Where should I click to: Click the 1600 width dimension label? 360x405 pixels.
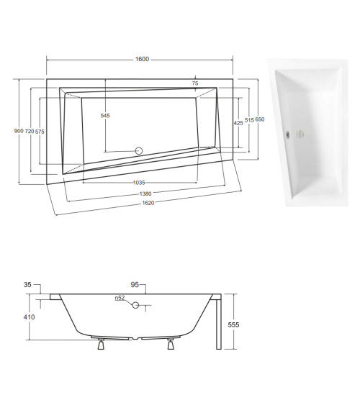(141, 59)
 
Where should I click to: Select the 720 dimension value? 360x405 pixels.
(30, 131)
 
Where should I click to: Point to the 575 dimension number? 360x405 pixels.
(40, 131)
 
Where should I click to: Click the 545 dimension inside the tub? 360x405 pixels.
(105, 116)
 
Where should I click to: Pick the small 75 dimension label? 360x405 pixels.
(195, 84)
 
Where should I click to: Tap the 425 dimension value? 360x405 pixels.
(238, 122)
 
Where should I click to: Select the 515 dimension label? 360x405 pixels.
(249, 121)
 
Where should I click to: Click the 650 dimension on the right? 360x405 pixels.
(260, 119)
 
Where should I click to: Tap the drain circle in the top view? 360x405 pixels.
(140, 151)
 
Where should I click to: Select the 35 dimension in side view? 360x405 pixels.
(28, 286)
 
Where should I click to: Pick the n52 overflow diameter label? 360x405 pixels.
(120, 299)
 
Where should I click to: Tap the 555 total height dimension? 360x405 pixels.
(233, 325)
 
